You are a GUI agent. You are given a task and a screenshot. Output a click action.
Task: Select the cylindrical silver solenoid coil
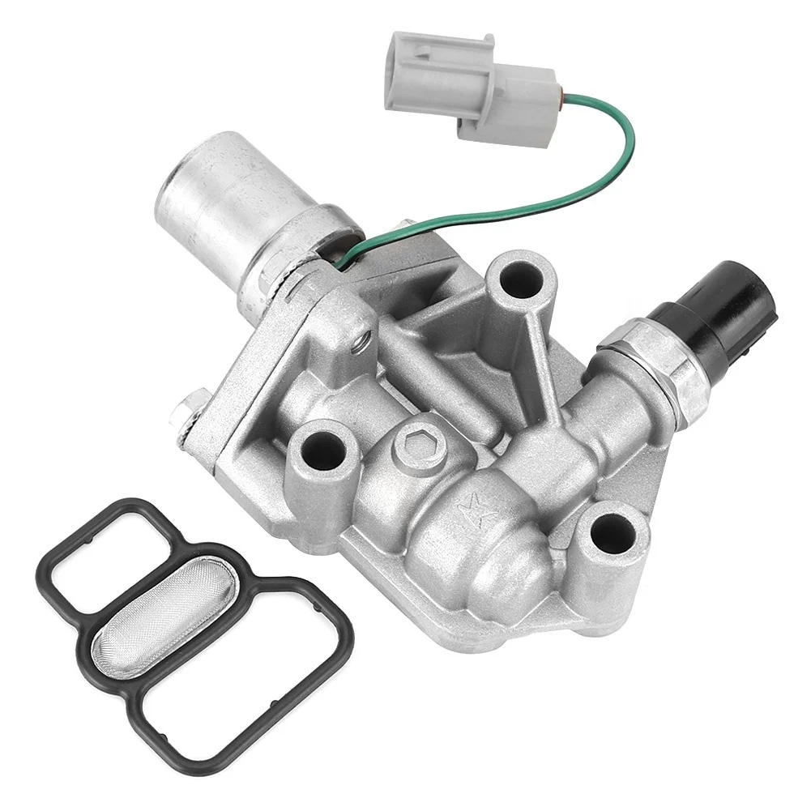(x=243, y=211)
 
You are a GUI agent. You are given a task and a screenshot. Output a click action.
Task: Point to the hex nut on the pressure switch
(x=648, y=357)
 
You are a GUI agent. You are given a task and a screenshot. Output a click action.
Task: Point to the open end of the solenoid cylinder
(x=173, y=186)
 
